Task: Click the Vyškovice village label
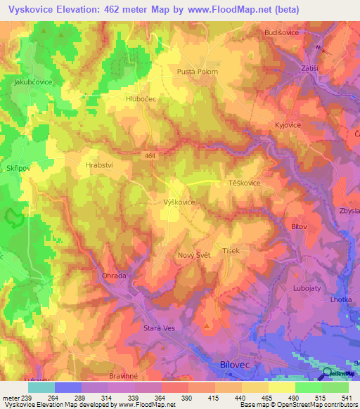point(179,202)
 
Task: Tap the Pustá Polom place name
point(197,72)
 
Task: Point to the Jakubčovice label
point(34,82)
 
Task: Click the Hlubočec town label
point(141,100)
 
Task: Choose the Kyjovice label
point(288,124)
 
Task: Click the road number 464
point(149,155)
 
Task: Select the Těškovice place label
point(245,183)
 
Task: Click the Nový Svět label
point(194,255)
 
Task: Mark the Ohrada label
point(114,275)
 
